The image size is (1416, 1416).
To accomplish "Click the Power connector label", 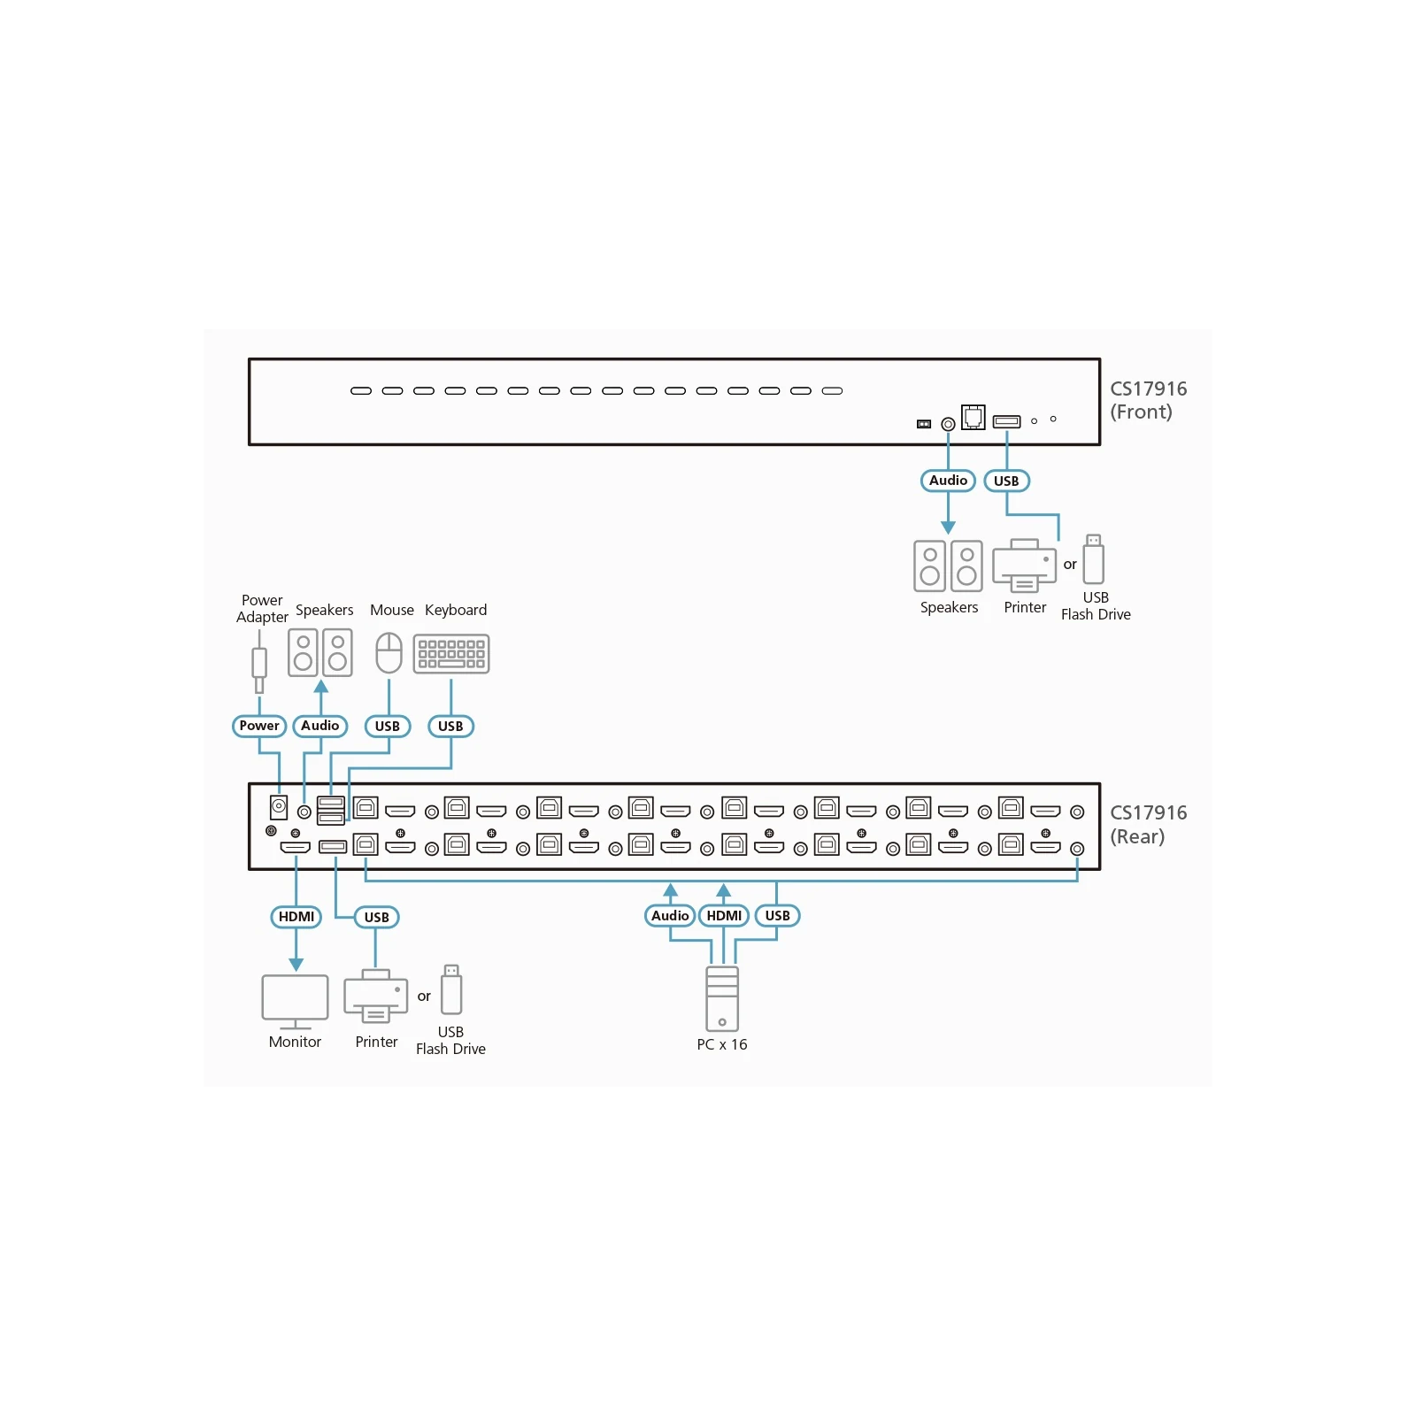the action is (x=258, y=726).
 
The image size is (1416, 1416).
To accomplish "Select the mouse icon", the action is (x=389, y=653).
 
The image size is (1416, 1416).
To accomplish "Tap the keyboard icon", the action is (x=451, y=654).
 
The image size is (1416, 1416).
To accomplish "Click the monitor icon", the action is (x=295, y=1002).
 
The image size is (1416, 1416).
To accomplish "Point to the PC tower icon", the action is (x=722, y=999).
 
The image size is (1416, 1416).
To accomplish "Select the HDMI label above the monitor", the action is (x=296, y=917).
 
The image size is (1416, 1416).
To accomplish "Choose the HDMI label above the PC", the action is (x=724, y=915).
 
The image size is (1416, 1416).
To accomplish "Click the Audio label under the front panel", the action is (x=948, y=481).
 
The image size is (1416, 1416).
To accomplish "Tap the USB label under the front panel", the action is (x=1006, y=481).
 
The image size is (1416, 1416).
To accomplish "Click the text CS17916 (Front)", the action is (x=1149, y=400).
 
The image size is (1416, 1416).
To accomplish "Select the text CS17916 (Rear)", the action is (x=1149, y=825).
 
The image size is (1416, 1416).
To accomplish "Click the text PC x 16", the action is (x=722, y=1044).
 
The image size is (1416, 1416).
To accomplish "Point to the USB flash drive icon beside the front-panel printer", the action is (x=1094, y=558).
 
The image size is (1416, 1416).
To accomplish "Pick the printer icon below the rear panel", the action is (x=376, y=997).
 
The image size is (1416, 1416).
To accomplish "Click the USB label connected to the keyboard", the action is (x=450, y=727).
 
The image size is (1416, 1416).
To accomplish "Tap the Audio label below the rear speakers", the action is (x=319, y=726).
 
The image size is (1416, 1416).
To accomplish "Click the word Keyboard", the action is (x=456, y=610).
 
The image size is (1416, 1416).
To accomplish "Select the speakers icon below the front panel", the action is (x=948, y=566).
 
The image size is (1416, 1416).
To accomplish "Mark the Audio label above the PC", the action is (x=670, y=915).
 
